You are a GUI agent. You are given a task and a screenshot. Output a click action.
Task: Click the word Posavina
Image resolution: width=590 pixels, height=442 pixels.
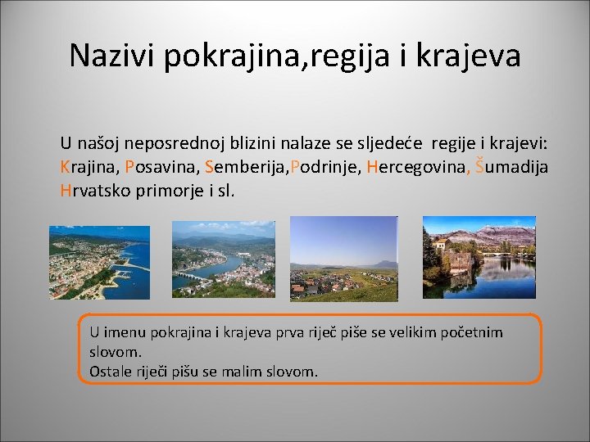click(161, 168)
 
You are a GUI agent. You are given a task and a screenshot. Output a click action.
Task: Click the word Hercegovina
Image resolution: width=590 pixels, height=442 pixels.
click(415, 168)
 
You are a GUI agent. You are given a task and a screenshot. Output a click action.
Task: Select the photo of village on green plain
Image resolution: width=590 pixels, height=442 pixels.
click(344, 259)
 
